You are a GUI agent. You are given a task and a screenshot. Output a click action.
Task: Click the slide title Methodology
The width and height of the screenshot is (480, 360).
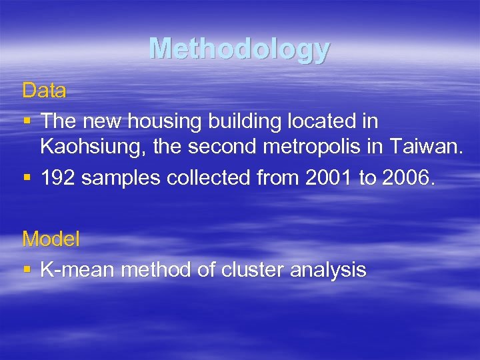[x=239, y=49]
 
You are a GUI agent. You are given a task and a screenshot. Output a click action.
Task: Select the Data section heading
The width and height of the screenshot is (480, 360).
[x=44, y=91]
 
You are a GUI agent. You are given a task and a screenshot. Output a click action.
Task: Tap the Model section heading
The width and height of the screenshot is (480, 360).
[x=51, y=239]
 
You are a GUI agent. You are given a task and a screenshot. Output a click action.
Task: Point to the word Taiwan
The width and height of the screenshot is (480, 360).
[x=428, y=147]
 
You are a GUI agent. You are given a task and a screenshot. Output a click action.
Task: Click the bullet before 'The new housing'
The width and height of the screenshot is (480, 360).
[x=27, y=122]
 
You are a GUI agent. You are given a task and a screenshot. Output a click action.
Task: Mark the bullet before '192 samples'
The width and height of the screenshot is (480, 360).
[x=27, y=178]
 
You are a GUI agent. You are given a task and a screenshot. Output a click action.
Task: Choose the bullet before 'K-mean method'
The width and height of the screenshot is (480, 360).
[x=27, y=270]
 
